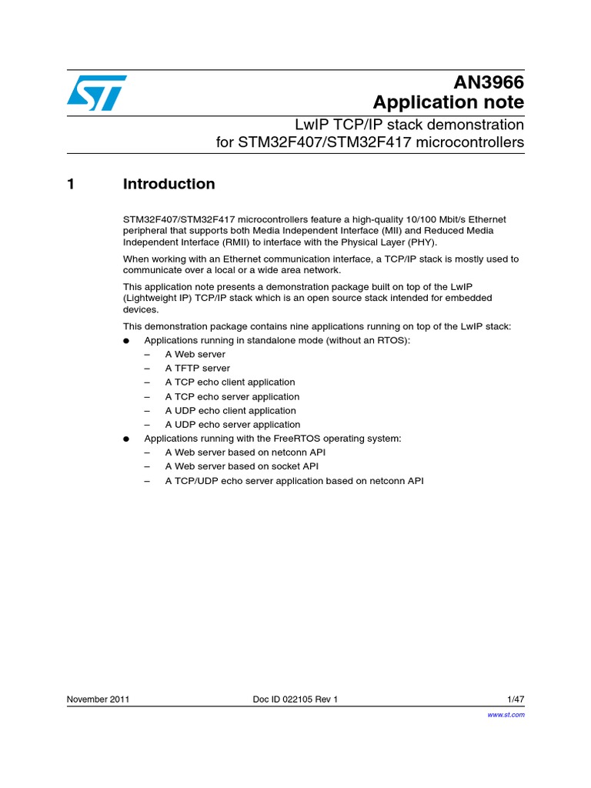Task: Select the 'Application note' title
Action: pos(448,102)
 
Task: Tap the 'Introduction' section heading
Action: pos(169,184)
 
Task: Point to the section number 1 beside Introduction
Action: pos(71,184)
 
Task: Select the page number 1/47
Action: pos(516,700)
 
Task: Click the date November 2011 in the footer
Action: pos(98,700)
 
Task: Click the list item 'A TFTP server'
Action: pos(197,368)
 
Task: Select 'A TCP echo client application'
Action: pos(229,382)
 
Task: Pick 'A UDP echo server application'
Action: pos(232,424)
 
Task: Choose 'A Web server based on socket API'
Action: pos(242,466)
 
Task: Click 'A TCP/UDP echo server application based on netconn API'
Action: pos(294,481)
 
